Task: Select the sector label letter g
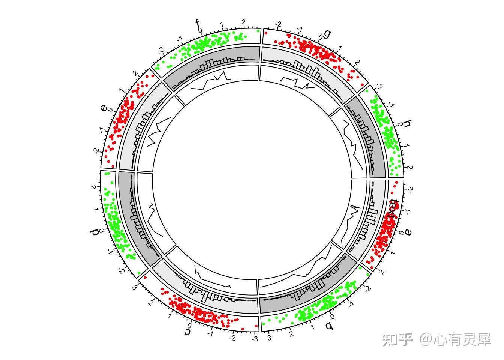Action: pyautogui.click(x=327, y=34)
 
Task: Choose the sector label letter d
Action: pyautogui.click(x=95, y=231)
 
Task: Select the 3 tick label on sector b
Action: pyautogui.click(x=269, y=339)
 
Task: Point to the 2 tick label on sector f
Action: pyautogui.click(x=244, y=22)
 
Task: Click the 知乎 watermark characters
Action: pyautogui.click(x=397, y=339)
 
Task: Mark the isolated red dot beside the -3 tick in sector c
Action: pyautogui.click(x=256, y=325)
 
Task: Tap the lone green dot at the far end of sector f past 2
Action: pyautogui.click(x=258, y=31)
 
